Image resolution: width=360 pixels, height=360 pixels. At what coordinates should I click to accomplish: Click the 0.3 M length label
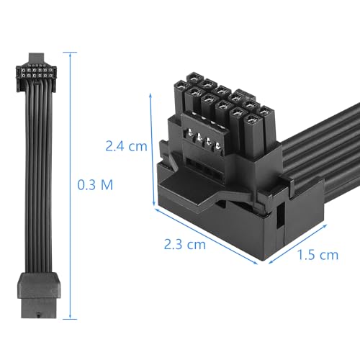click(95, 184)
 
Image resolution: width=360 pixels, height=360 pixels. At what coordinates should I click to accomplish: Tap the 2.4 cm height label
click(125, 146)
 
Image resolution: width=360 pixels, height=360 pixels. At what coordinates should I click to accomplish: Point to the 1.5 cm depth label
click(317, 253)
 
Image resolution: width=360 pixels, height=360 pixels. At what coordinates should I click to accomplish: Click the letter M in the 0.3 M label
click(106, 184)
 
